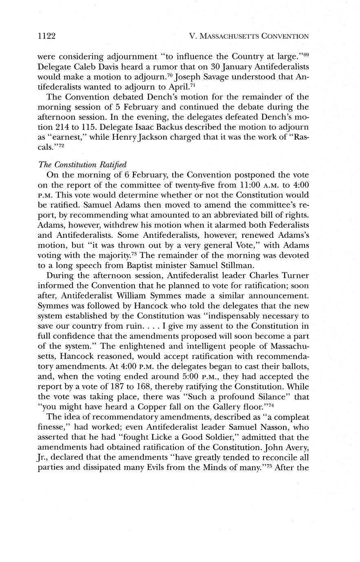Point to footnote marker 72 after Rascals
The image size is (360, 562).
[x=60, y=145]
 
